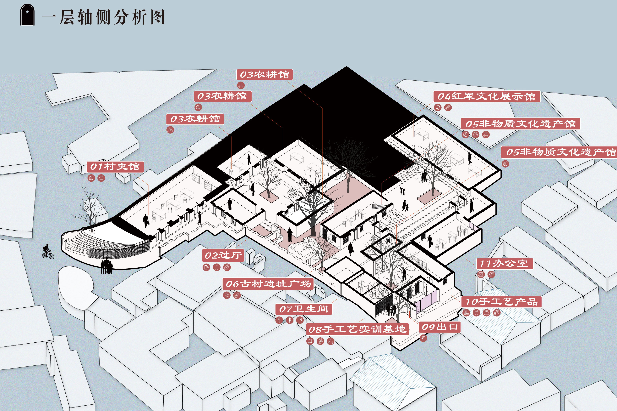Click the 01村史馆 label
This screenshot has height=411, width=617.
tap(115, 167)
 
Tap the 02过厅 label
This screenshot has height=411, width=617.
tap(223, 255)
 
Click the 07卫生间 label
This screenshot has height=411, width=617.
tap(303, 309)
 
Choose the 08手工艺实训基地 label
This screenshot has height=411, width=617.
tap(357, 329)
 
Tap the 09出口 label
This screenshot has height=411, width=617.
tap(439, 327)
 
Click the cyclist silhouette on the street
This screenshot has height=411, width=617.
tap(48, 252)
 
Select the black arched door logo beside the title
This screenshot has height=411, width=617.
tap(27, 15)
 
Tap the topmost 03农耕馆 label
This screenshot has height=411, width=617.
tap(265, 74)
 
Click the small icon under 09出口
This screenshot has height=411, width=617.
tap(423, 338)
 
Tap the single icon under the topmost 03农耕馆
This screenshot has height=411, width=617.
tap(241, 85)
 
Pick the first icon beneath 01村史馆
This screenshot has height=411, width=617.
tap(91, 178)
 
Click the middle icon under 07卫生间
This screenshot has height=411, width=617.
tap(289, 320)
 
